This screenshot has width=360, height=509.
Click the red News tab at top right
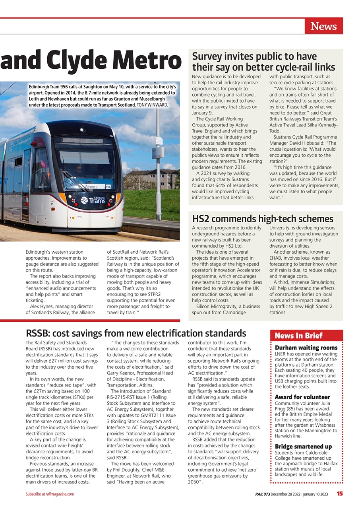pyautogui.click(x=323, y=26)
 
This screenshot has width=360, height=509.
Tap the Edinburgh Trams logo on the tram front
pyautogui.click(x=93, y=200)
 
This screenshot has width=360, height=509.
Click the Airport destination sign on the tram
pyautogui.click(x=91, y=186)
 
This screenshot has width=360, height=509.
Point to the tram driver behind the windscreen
pyautogui.click(x=79, y=171)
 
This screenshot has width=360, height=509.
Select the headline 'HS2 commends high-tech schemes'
pyautogui.click(x=263, y=219)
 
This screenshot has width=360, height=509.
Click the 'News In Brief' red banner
pyautogui.click(x=298, y=336)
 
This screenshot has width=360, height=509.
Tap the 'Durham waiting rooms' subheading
pyautogui.click(x=306, y=348)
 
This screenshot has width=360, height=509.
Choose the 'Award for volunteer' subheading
pyautogui.click(x=302, y=397)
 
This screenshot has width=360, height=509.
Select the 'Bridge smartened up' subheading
pyautogui.click(x=303, y=447)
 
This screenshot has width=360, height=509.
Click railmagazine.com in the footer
pyautogui.click(x=60, y=494)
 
